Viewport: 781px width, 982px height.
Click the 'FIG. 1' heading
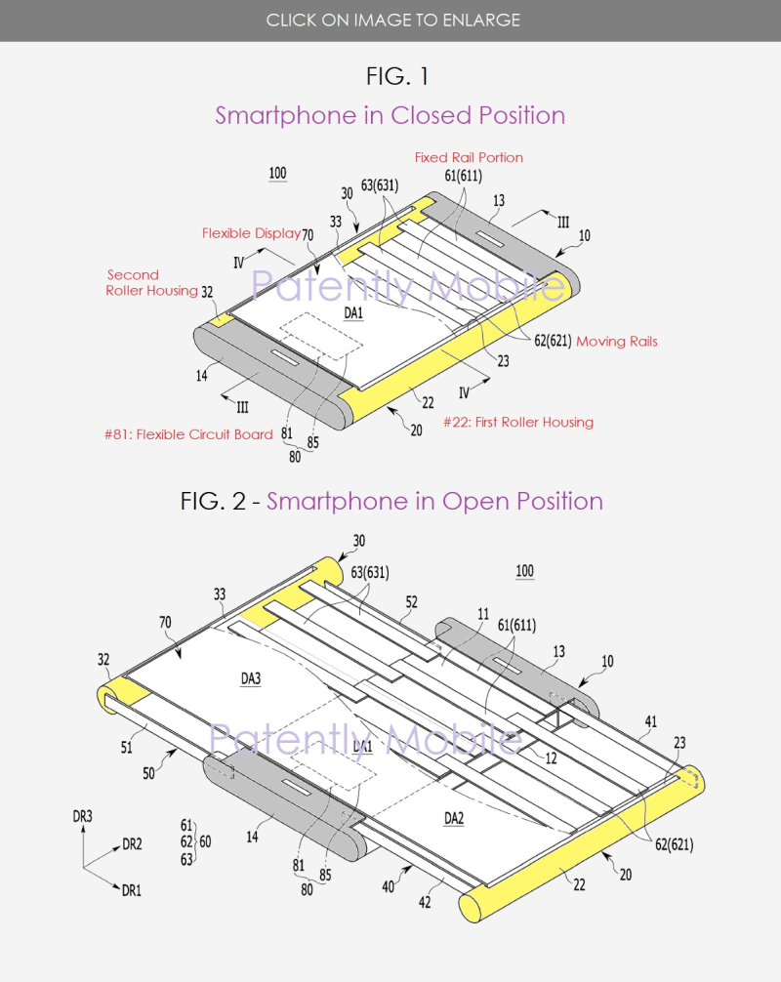[x=390, y=75]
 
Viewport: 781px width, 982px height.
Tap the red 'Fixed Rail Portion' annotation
[x=469, y=157]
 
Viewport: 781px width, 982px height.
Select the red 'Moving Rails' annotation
[x=616, y=341]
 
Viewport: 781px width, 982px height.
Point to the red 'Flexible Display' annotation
[x=251, y=233]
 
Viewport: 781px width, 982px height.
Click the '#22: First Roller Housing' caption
[x=517, y=422]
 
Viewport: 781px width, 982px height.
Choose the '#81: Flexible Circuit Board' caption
[x=190, y=434]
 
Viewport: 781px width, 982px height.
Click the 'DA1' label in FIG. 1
[x=352, y=313]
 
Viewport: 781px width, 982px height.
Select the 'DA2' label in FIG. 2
[x=454, y=818]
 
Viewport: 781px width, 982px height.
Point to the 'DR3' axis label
[x=83, y=814]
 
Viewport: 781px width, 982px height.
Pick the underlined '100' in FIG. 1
[x=277, y=174]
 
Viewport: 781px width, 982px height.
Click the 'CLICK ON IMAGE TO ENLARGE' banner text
[x=390, y=20]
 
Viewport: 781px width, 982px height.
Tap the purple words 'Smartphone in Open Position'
[x=434, y=501]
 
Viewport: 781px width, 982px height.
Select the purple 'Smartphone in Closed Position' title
[x=390, y=115]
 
